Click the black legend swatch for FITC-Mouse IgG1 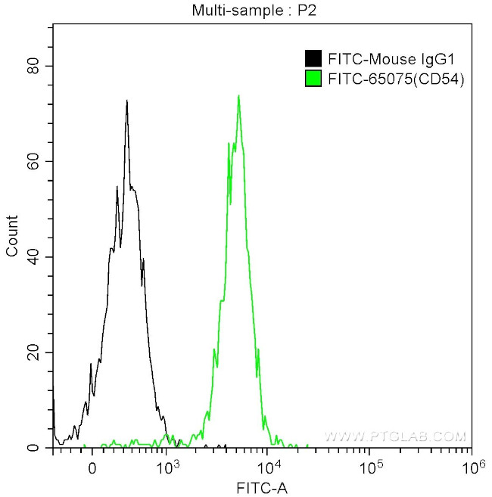tap(311, 58)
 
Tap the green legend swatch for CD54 tap(311, 78)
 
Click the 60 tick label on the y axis tap(32, 161)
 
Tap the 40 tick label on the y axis tap(32, 257)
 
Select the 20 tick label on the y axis tap(32, 353)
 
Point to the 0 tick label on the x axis tap(92, 467)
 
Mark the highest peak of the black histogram tap(127, 101)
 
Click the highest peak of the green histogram tap(238, 96)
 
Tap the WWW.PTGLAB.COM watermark tap(395, 436)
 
